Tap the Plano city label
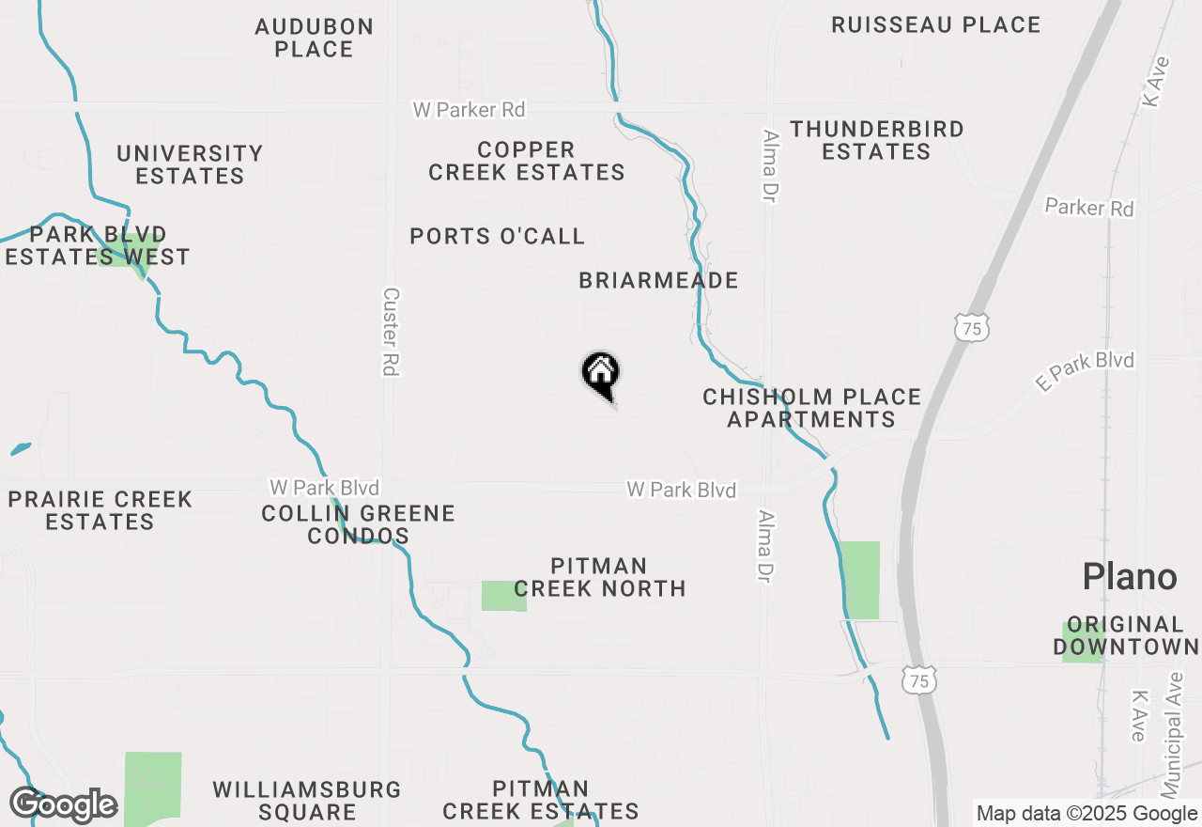(x=1129, y=576)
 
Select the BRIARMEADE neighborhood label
(x=658, y=280)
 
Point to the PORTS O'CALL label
(x=498, y=236)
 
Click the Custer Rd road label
(x=391, y=332)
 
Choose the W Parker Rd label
(x=469, y=110)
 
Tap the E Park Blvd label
(x=1085, y=371)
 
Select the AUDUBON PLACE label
(x=314, y=38)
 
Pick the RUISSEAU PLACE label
(x=935, y=25)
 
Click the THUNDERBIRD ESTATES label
(x=876, y=140)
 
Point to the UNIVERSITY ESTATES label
(x=190, y=164)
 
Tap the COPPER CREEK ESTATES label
(x=527, y=161)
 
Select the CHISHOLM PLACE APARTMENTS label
(x=811, y=408)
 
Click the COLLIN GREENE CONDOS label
(x=358, y=524)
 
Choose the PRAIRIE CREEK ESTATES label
(x=100, y=510)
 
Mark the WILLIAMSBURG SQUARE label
(x=307, y=801)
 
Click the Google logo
(x=63, y=805)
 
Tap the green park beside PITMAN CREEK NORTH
(x=503, y=596)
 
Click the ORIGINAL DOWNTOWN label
(x=1125, y=635)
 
